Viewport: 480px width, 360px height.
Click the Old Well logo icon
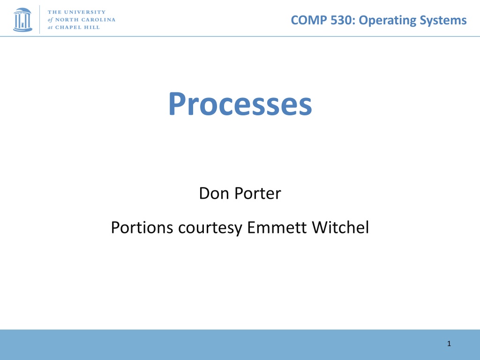coord(22,20)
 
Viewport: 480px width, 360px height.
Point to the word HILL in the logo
coord(92,27)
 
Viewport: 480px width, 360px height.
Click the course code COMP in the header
coord(309,20)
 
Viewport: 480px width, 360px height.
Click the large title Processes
coord(240,104)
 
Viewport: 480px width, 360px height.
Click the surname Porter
coord(258,194)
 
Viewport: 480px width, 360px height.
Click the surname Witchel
coord(340,227)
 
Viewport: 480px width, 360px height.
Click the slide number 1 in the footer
coord(449,344)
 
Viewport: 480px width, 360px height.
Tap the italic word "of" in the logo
coord(50,20)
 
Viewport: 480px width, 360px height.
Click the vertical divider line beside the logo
coord(39,19)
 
